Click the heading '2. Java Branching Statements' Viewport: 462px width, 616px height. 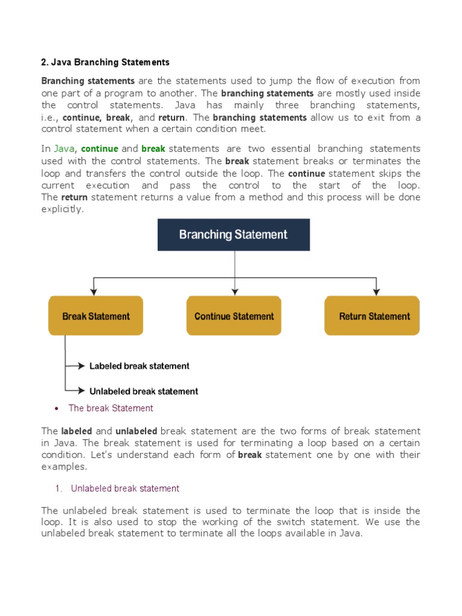(x=105, y=62)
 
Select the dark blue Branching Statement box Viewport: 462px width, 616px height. (x=233, y=235)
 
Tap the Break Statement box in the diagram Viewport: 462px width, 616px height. (x=96, y=316)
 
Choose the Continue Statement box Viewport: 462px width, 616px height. (x=234, y=316)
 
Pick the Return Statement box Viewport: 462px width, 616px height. (x=372, y=316)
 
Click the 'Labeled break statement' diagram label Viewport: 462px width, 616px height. (x=139, y=366)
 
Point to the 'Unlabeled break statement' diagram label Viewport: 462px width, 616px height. (x=144, y=391)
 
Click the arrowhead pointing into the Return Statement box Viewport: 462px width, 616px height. (x=377, y=291)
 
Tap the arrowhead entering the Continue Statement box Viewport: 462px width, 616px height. (x=234, y=291)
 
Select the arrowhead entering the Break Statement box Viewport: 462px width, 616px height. (x=93, y=291)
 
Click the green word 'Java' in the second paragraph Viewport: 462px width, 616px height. (x=64, y=149)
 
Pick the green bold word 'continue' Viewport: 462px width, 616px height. (x=100, y=149)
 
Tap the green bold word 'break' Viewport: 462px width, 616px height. (x=153, y=149)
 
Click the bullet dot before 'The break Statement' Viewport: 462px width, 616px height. (x=56, y=408)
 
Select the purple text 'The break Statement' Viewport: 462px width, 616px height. (x=111, y=408)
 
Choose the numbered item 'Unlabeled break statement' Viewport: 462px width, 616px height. (x=125, y=488)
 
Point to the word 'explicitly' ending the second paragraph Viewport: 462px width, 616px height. (x=62, y=209)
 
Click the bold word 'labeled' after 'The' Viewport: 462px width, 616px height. (x=76, y=431)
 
